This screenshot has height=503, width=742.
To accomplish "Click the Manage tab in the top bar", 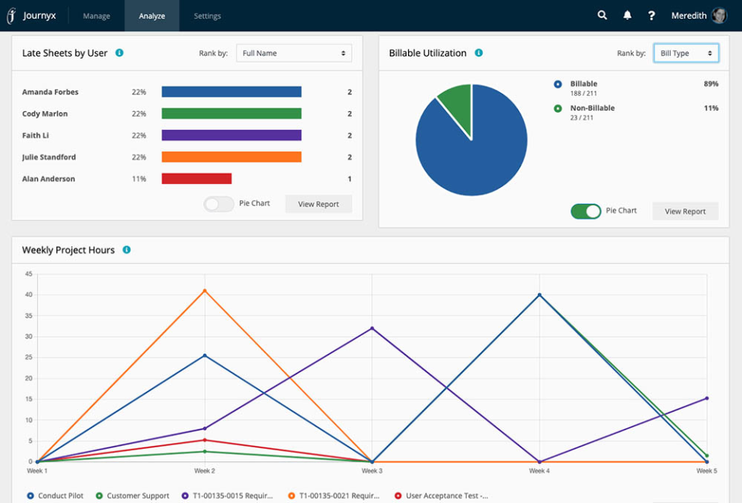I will pyautogui.click(x=97, y=16).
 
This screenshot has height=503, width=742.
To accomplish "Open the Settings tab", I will pyautogui.click(x=207, y=16).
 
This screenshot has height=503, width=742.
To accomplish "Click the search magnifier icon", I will pyautogui.click(x=602, y=15).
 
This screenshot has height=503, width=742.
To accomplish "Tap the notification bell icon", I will pyautogui.click(x=627, y=15).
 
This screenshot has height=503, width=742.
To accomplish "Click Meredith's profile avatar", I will pyautogui.click(x=719, y=15).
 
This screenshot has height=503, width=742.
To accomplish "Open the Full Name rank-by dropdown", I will pyautogui.click(x=294, y=53).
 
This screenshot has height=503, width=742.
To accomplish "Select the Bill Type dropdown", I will pyautogui.click(x=686, y=53).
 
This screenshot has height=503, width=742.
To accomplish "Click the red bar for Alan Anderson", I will pyautogui.click(x=196, y=178).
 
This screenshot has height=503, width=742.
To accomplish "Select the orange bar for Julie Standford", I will pyautogui.click(x=231, y=157).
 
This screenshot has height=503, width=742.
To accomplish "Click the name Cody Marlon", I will pyautogui.click(x=45, y=114).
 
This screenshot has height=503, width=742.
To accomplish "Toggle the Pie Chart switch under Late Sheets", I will pyautogui.click(x=218, y=204).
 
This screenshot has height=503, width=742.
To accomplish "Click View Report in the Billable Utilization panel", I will pyautogui.click(x=685, y=211).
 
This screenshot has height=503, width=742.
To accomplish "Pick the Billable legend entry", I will pyautogui.click(x=584, y=83).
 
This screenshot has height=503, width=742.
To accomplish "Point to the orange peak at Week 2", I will pyautogui.click(x=205, y=291).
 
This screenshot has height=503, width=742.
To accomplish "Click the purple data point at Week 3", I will pyautogui.click(x=372, y=328).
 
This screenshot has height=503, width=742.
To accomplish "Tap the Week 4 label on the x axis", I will pyautogui.click(x=539, y=471).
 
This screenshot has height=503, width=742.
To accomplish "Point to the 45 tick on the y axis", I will pyautogui.click(x=29, y=274).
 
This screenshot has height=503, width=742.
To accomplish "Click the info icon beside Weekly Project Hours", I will pyautogui.click(x=126, y=250).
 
